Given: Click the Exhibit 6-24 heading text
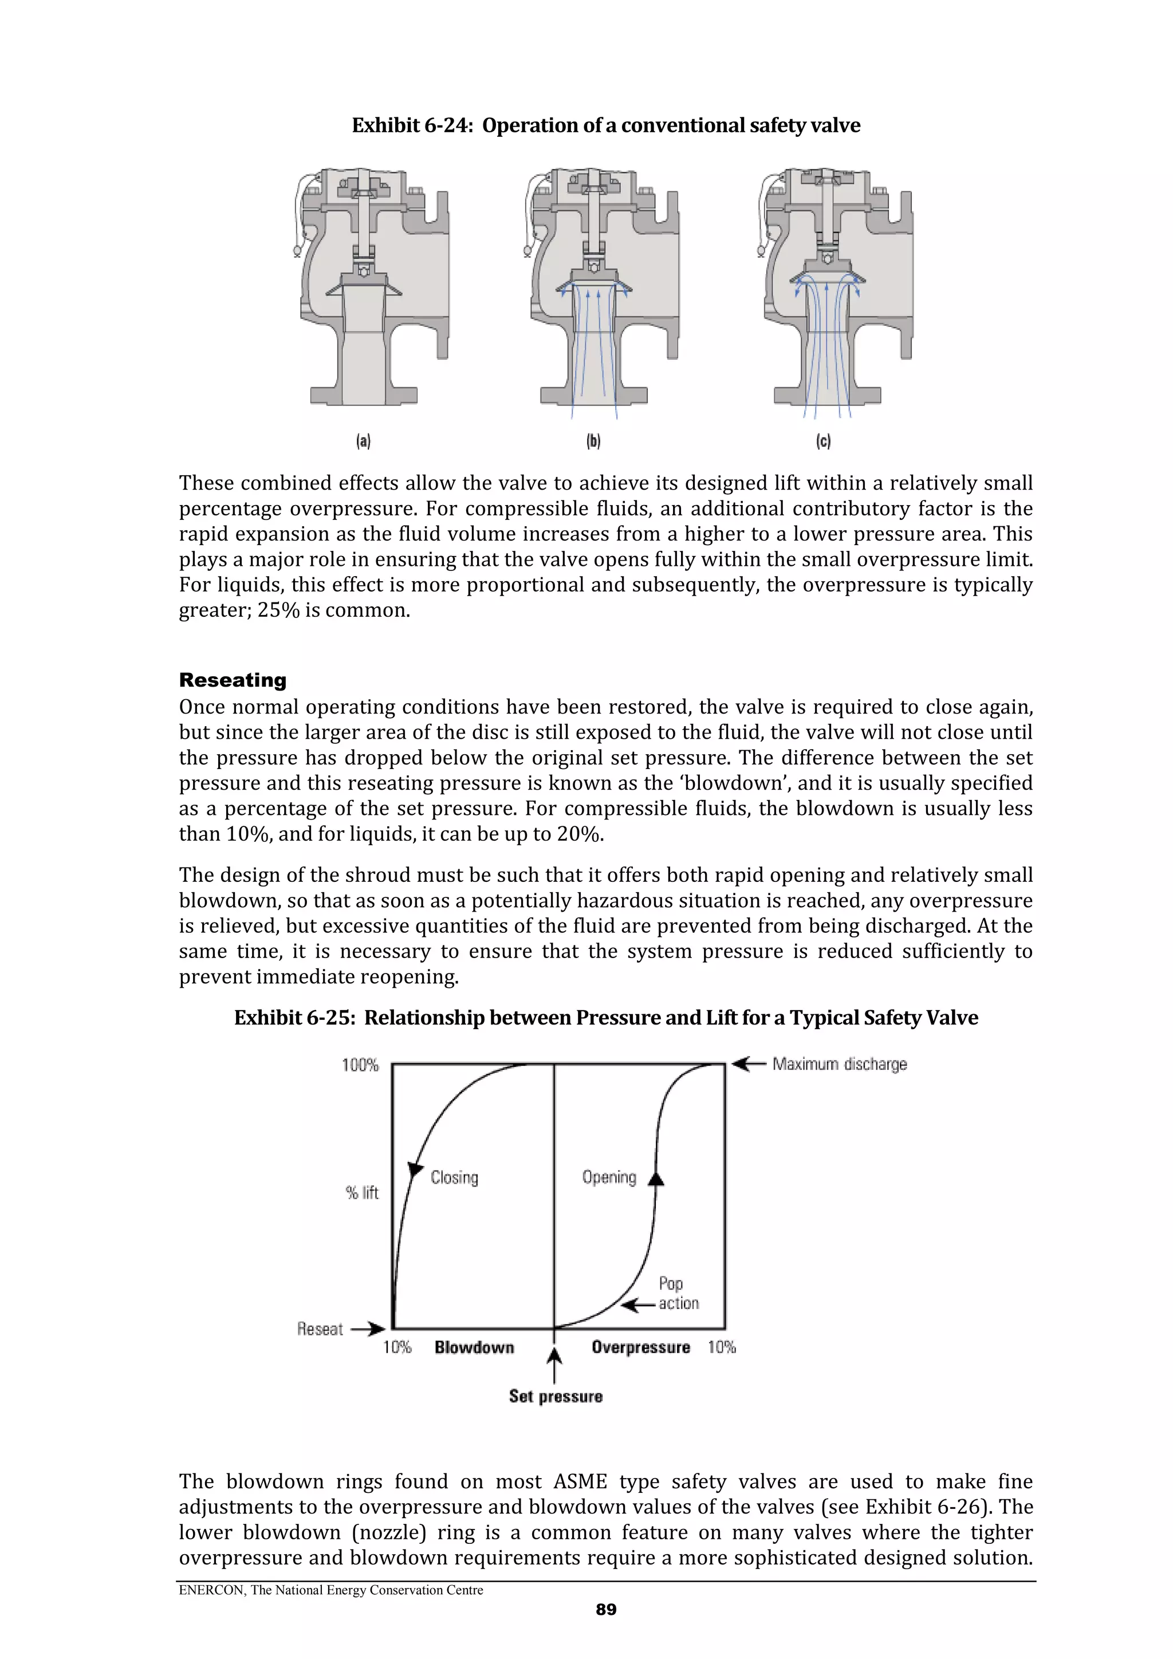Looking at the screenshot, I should coord(605,126).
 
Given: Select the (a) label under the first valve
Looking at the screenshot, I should coord(363,442).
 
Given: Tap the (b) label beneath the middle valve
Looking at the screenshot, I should coord(593,442).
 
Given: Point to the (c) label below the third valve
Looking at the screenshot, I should coord(823,442).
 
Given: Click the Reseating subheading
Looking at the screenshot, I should coord(233,680).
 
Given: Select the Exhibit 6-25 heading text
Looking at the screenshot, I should coord(605,1018).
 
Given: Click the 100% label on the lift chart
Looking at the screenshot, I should coord(360,1065).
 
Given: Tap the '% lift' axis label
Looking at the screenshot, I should coord(362,1193).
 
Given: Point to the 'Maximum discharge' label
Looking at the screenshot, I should coord(839,1065).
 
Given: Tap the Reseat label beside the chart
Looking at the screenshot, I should coord(320,1329).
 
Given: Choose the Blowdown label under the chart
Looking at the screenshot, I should coord(474,1347).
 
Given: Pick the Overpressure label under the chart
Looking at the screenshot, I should coord(640,1347).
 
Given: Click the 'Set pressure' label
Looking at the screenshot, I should coord(555,1397).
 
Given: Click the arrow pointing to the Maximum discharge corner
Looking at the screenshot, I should coord(748,1063).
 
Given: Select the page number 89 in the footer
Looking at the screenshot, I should coord(605,1609).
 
